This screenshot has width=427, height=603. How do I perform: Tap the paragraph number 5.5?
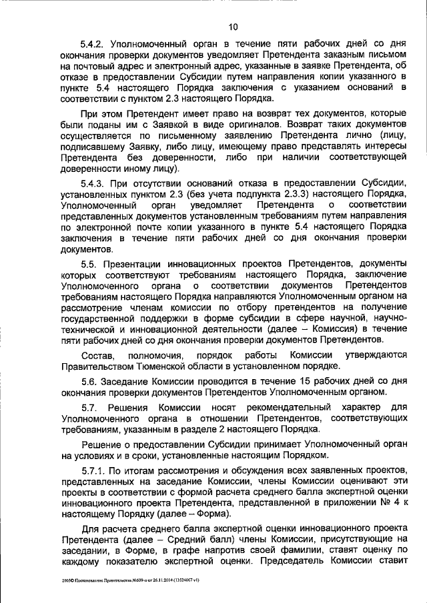pos(89,265)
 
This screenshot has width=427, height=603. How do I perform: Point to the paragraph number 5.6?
pos(89,381)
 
